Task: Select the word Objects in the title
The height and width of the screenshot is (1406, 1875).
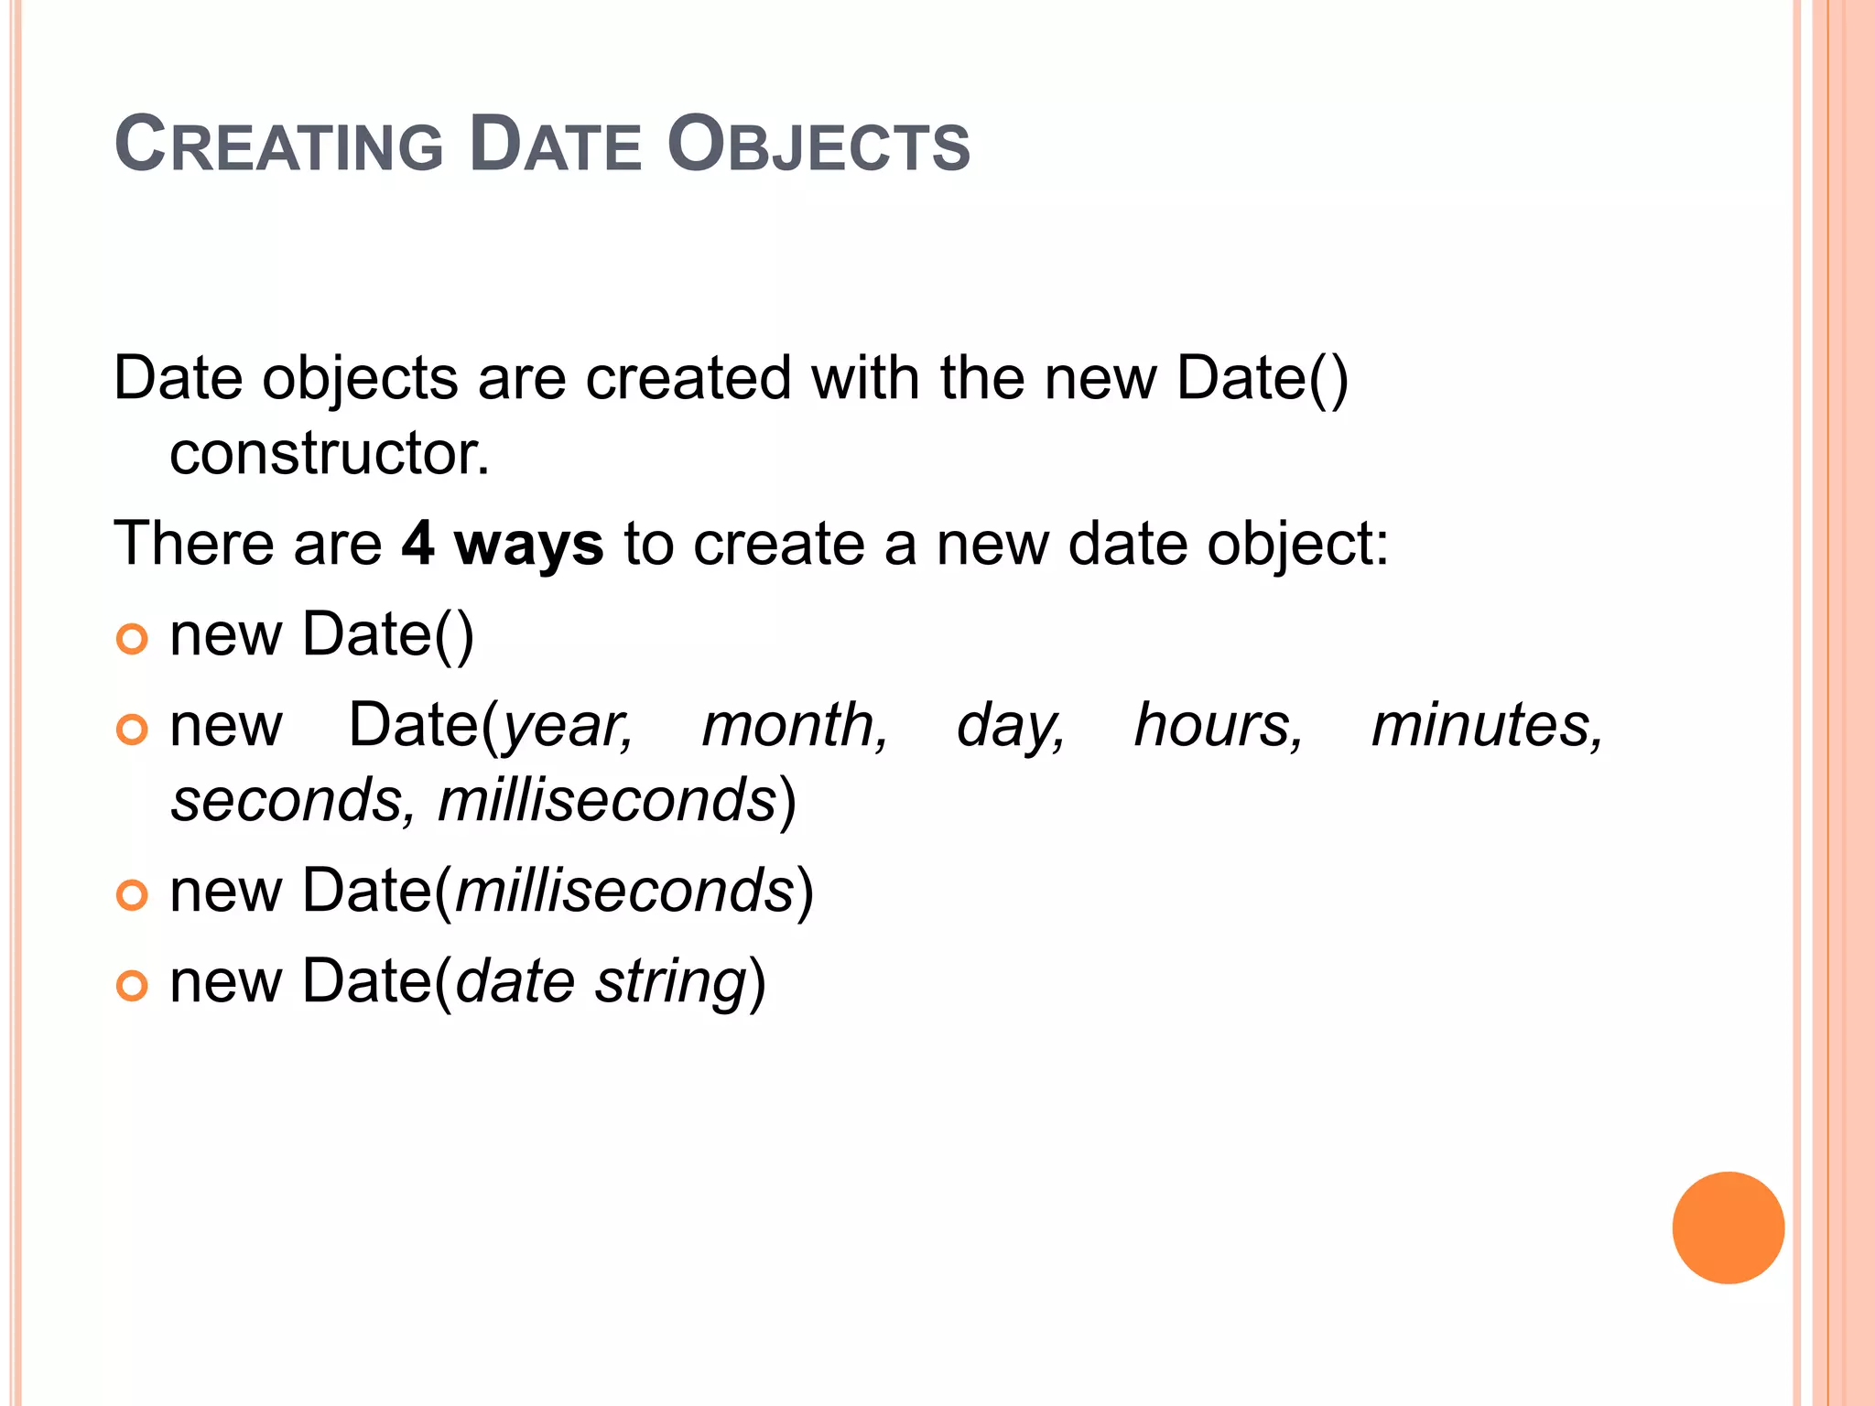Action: click(818, 145)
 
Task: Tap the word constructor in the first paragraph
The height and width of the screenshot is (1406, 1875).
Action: click(330, 453)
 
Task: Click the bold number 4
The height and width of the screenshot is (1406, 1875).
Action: click(417, 544)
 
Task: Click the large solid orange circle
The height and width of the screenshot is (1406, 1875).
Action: click(1728, 1228)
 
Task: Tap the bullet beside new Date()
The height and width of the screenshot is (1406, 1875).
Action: click(133, 639)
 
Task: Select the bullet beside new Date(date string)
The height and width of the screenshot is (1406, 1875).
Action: click(133, 986)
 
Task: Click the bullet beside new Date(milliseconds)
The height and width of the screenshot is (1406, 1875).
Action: click(133, 895)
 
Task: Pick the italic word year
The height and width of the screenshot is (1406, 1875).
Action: click(568, 727)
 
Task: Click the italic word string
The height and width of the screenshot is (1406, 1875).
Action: click(671, 982)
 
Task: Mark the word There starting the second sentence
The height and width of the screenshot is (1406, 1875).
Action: click(193, 544)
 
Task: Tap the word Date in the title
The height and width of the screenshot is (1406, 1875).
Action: click(556, 145)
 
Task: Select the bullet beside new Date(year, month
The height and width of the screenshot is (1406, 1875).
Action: click(133, 730)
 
